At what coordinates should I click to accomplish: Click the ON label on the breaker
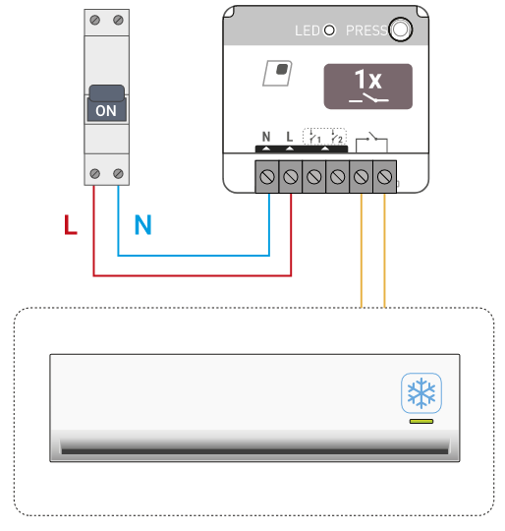pyautogui.click(x=106, y=111)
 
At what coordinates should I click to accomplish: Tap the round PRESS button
pyautogui.click(x=401, y=29)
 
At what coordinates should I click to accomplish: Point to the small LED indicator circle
pyautogui.click(x=329, y=30)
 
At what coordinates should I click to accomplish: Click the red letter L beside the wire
pyautogui.click(x=71, y=224)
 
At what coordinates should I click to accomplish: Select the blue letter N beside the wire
pyautogui.click(x=142, y=224)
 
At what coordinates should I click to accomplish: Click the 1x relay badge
pyautogui.click(x=368, y=87)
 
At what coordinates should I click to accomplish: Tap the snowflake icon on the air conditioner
pyautogui.click(x=421, y=393)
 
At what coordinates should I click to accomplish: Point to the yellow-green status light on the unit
pyautogui.click(x=421, y=421)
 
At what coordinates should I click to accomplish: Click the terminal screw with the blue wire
pyautogui.click(x=267, y=176)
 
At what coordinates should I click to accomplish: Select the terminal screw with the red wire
pyautogui.click(x=291, y=176)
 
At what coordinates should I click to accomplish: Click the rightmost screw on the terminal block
pyautogui.click(x=384, y=176)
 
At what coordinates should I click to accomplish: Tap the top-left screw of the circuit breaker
pyautogui.click(x=95, y=20)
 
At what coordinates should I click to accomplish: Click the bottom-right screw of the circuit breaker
pyautogui.click(x=118, y=174)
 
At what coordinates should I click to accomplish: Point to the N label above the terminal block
pyautogui.click(x=266, y=137)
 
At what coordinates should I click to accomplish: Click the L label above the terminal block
pyautogui.click(x=290, y=137)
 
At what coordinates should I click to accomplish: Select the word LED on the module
pyautogui.click(x=308, y=30)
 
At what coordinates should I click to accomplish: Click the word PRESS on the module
pyautogui.click(x=367, y=30)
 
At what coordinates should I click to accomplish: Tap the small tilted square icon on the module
pyautogui.click(x=277, y=73)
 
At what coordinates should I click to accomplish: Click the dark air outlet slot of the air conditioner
pyautogui.click(x=254, y=451)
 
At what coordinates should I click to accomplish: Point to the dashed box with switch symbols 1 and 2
pyautogui.click(x=324, y=137)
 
